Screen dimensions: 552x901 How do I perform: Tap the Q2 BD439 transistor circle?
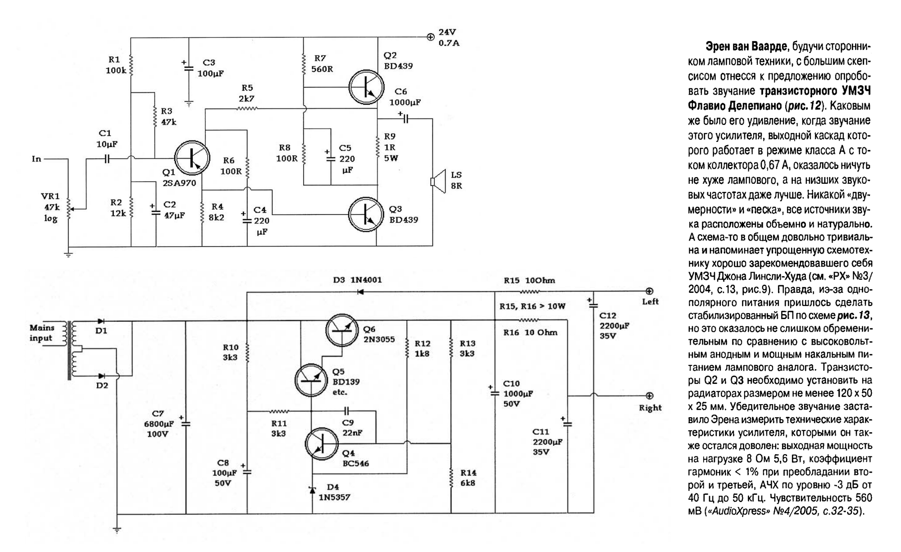[366, 87]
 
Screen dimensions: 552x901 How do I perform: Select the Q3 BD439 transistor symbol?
[366, 214]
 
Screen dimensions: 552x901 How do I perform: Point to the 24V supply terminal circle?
[430, 37]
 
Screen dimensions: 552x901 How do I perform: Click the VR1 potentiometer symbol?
[69, 209]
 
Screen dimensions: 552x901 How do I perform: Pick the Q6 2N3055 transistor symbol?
[341, 330]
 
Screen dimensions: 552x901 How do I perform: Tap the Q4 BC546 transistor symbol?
[321, 443]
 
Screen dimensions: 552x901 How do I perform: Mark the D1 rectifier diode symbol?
[101, 321]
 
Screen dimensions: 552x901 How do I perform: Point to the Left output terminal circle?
[649, 291]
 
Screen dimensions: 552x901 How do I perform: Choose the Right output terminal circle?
[649, 396]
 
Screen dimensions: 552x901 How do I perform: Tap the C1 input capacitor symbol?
[107, 159]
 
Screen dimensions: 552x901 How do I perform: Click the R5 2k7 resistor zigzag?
[247, 109]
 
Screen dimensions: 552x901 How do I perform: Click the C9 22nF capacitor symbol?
[346, 411]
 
